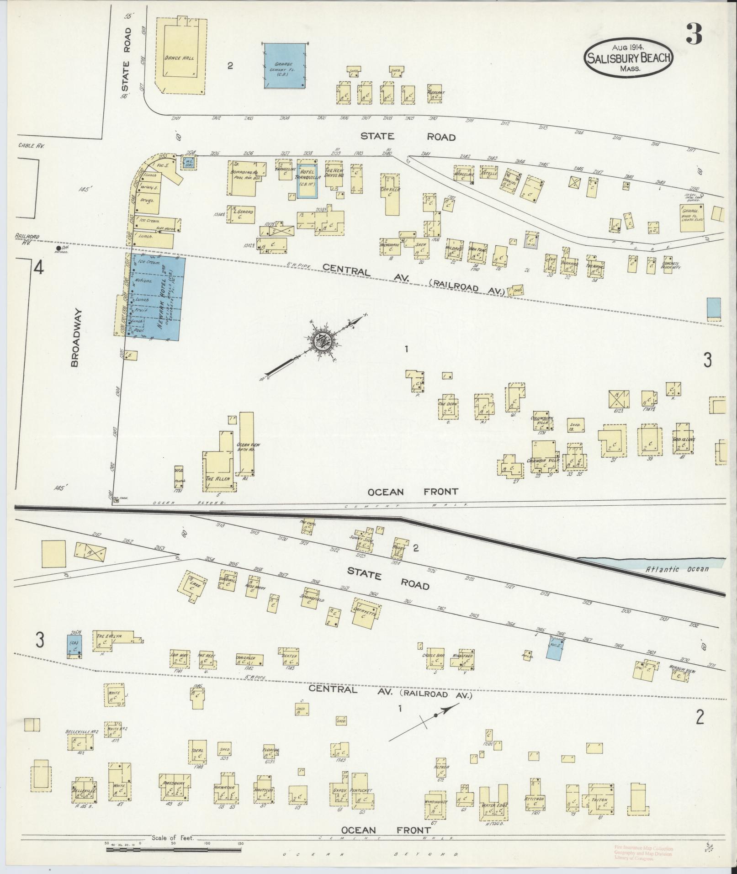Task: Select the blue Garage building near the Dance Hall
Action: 284,66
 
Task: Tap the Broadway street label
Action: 76,338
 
